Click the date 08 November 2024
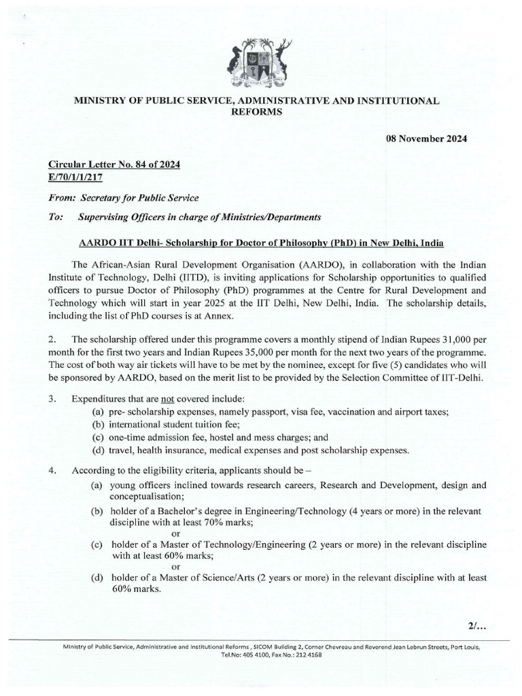[432, 139]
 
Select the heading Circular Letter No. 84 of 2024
[114, 164]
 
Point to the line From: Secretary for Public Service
[123, 198]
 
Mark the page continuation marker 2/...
[472, 624]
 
